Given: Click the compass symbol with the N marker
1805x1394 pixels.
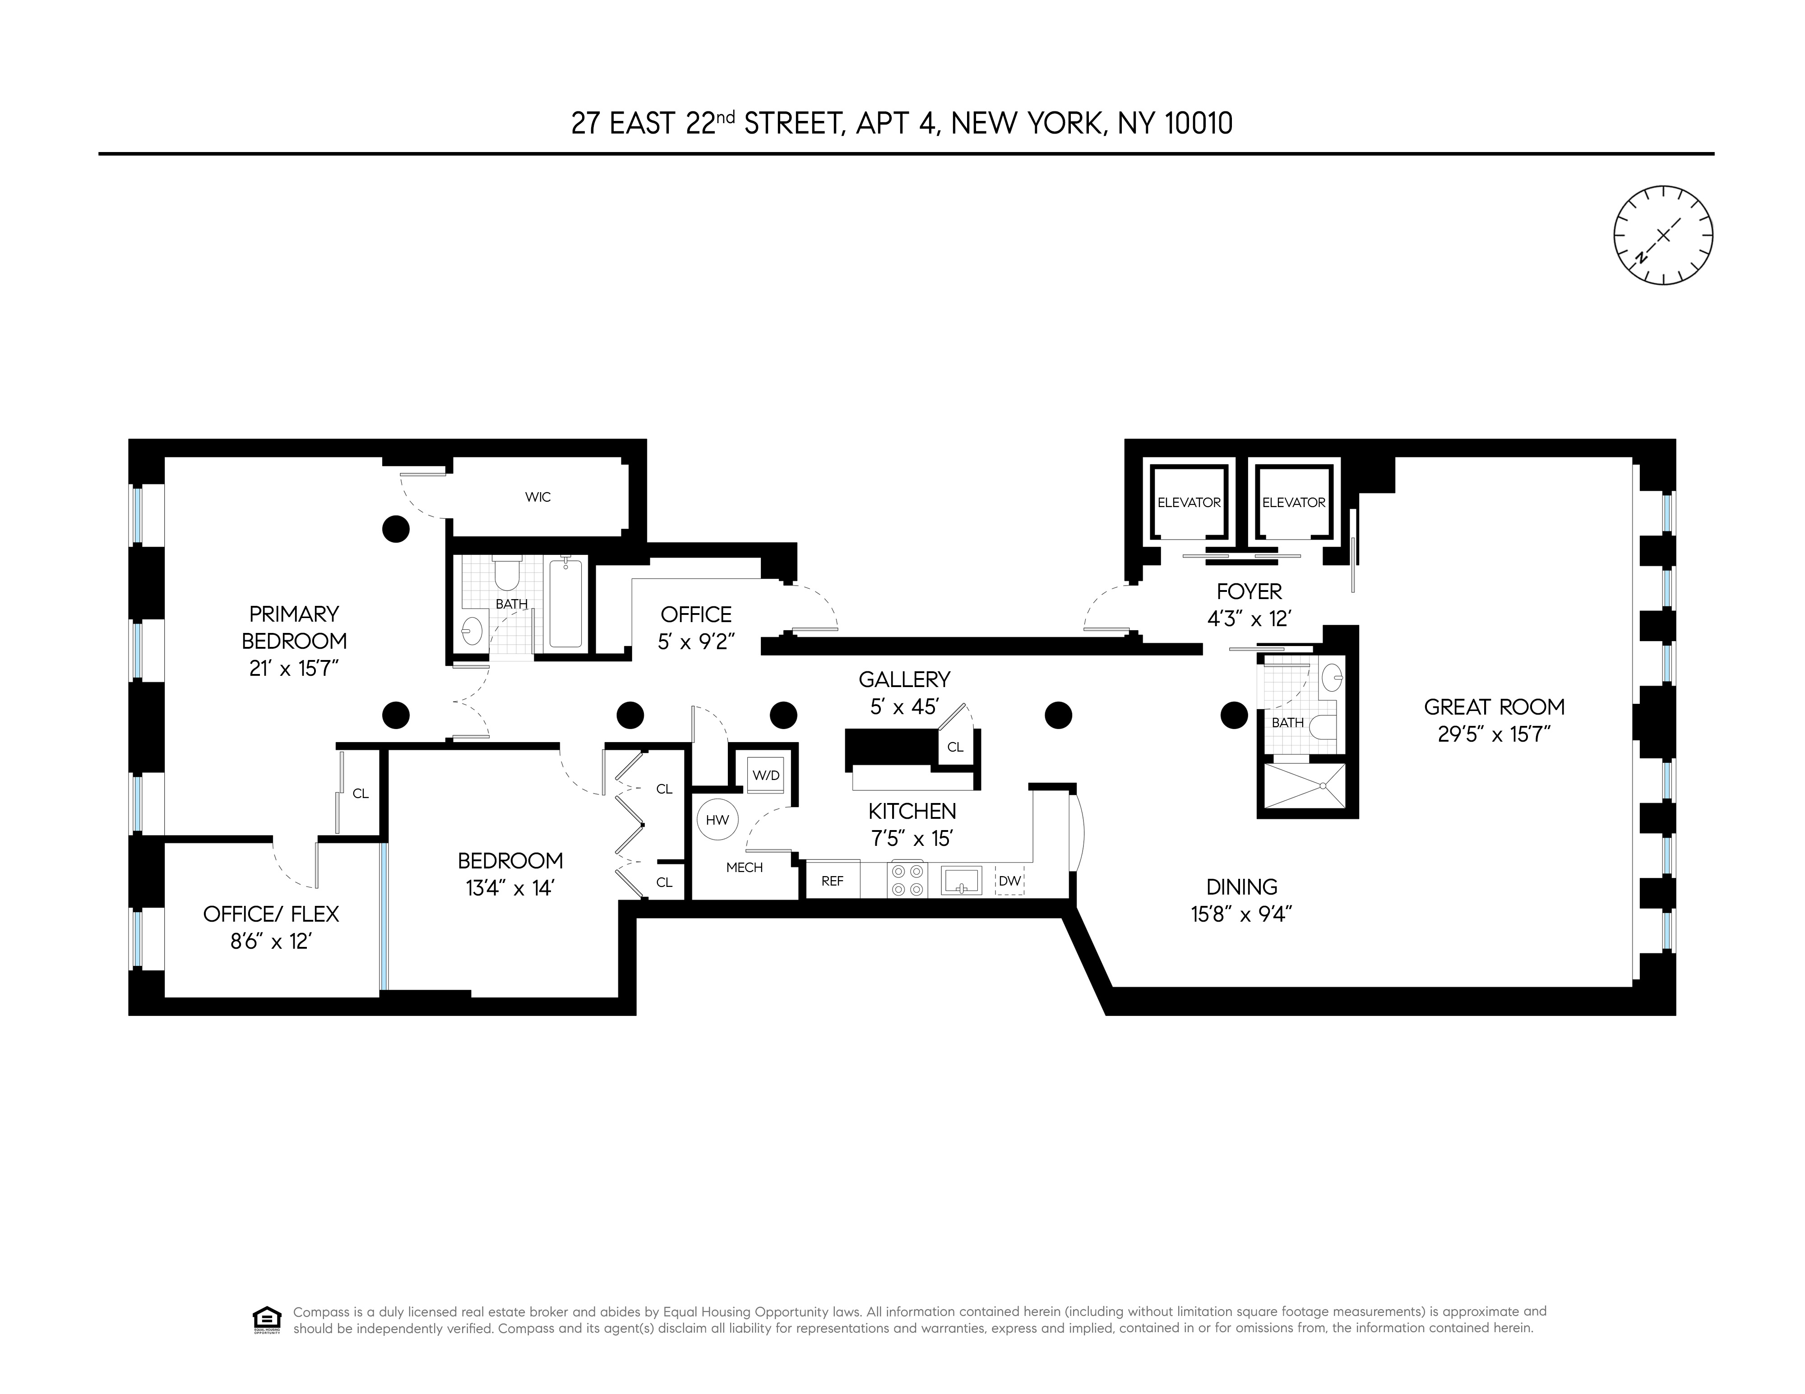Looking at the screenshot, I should [x=1663, y=235].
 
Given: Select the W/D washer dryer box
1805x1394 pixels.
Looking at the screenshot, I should [x=765, y=775].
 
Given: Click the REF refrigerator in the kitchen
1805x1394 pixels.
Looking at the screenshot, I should [x=832, y=881].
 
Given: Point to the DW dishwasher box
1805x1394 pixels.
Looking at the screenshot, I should [x=1009, y=881].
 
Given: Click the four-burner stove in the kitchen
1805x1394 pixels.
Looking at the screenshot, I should [x=907, y=880].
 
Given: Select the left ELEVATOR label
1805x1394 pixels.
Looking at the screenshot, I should [x=1189, y=503].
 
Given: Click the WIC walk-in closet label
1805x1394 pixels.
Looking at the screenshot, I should [x=537, y=497].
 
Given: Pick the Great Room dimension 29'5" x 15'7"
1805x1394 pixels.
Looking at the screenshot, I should [x=1494, y=734].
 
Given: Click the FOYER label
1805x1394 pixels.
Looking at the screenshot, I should [x=1249, y=591].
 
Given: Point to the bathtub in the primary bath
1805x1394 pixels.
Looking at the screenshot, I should [x=566, y=603].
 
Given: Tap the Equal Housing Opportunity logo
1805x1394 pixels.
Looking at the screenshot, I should [x=266, y=1320].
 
